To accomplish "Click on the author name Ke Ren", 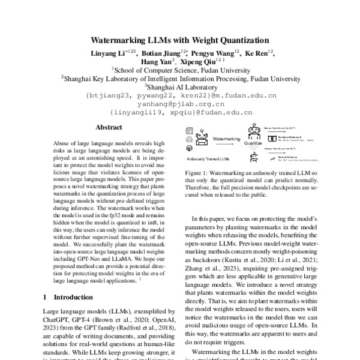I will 253,53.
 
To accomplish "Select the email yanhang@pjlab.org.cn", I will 181,104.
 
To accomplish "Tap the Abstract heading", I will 109,127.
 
